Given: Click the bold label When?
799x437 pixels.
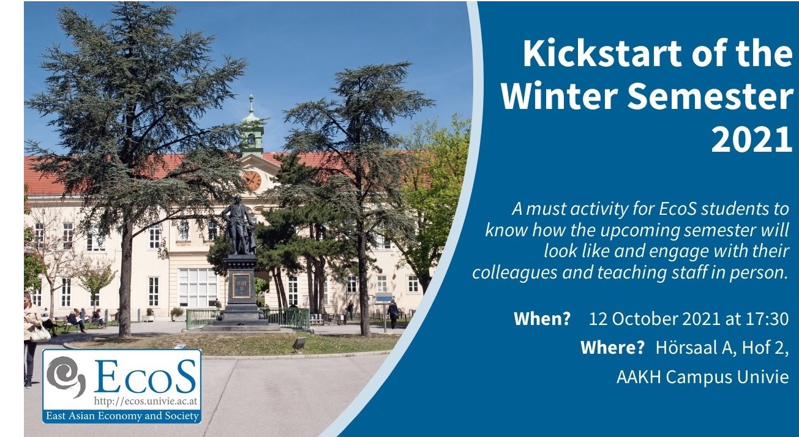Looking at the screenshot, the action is point(542,318).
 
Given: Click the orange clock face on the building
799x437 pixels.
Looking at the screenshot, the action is point(252,181).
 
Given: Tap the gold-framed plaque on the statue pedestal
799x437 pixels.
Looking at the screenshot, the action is point(241,285).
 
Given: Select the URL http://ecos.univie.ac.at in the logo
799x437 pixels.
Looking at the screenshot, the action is point(145,402).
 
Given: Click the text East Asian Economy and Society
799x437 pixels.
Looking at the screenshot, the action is point(122,416).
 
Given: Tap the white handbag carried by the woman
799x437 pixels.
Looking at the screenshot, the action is point(40,334).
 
